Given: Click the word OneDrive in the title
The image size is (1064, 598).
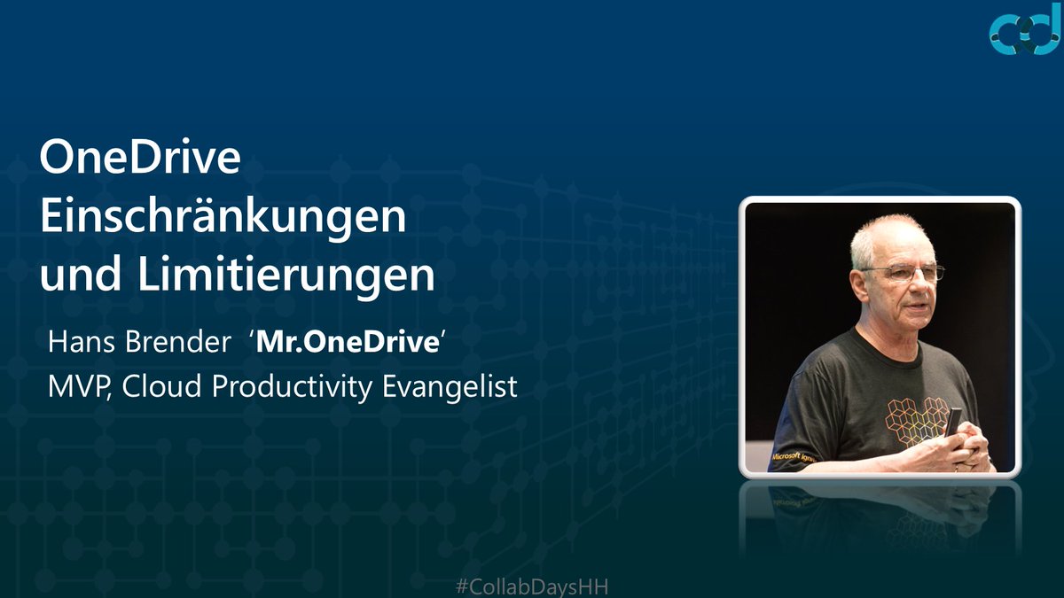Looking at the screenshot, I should pyautogui.click(x=140, y=160).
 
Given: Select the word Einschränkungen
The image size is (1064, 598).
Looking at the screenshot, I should pyautogui.click(x=223, y=218).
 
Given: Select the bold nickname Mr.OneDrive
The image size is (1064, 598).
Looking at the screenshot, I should pyautogui.click(x=348, y=343).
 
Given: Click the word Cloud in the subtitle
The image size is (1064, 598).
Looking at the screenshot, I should pyautogui.click(x=157, y=388).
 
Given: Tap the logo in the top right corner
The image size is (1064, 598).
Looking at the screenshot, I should pyautogui.click(x=1024, y=33).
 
